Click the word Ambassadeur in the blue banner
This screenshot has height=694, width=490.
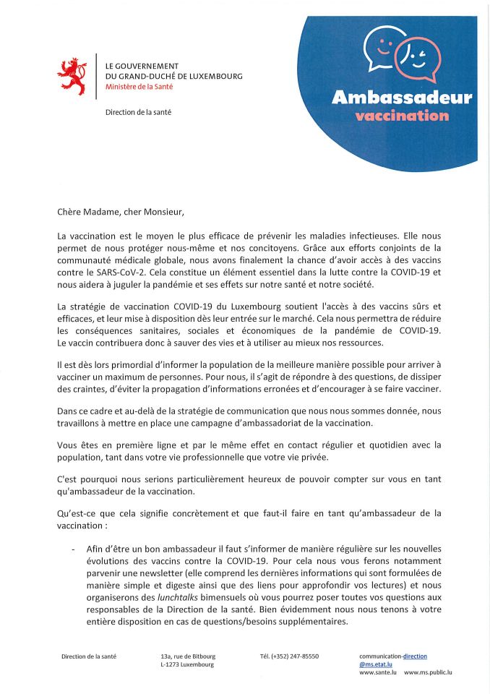pyautogui.click(x=401, y=98)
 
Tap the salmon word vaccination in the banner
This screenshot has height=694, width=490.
pyautogui.click(x=402, y=116)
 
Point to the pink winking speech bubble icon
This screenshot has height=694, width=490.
pyautogui.click(x=418, y=58)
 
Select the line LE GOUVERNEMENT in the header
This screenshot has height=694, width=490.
pyautogui.click(x=142, y=66)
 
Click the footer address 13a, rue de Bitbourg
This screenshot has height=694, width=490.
pyautogui.click(x=188, y=656)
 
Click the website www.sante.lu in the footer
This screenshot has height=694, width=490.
pyautogui.click(x=377, y=672)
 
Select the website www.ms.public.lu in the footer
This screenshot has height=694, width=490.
pyautogui.click(x=428, y=672)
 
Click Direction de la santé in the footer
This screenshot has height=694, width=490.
pyautogui.click(x=89, y=656)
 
